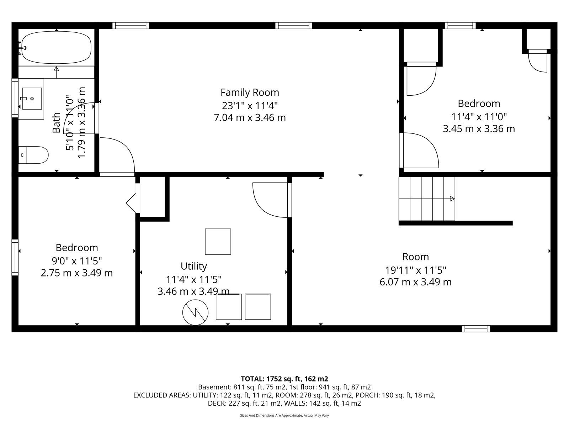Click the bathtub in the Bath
(x=56, y=47)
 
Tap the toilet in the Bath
(x=33, y=155)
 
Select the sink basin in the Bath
(x=32, y=99)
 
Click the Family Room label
(x=250, y=92)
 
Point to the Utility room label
(x=194, y=266)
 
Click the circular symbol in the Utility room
(x=195, y=312)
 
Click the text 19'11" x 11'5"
(x=415, y=270)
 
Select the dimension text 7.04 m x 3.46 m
(x=250, y=117)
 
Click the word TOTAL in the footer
(x=252, y=379)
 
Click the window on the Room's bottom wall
(x=476, y=329)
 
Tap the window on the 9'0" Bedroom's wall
(x=15, y=257)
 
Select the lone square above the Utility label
(x=218, y=242)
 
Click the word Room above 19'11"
(x=415, y=257)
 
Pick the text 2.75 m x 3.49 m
(x=77, y=273)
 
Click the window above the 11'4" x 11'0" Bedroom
(x=461, y=26)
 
